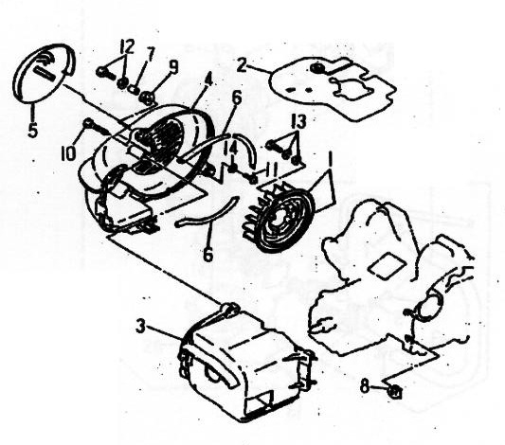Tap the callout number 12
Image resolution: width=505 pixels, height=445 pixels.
[127, 47]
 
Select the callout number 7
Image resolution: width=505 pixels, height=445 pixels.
[150, 56]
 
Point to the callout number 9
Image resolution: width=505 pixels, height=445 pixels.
[173, 67]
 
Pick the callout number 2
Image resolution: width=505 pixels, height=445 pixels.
[242, 65]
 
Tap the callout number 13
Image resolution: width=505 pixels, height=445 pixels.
[298, 121]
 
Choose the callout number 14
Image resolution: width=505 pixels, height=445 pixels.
[231, 150]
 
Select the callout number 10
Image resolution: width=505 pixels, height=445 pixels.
[68, 152]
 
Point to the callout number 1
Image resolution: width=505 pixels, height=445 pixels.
[329, 159]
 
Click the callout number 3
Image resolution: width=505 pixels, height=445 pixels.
[140, 327]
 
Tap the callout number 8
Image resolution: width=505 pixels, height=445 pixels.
[364, 385]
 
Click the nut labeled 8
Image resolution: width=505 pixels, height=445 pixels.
[394, 392]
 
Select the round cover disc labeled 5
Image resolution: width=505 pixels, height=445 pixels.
[44, 73]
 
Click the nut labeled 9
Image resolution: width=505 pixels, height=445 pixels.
[147, 98]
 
